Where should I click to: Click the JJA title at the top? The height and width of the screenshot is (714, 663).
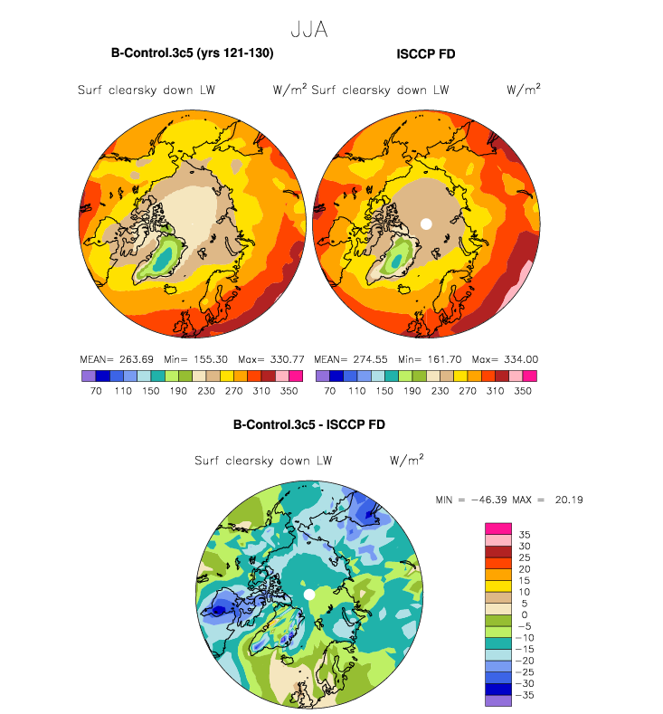[x=309, y=30]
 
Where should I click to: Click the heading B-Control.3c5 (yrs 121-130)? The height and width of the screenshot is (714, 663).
[x=192, y=53]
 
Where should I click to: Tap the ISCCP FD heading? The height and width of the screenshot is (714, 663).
[x=425, y=53]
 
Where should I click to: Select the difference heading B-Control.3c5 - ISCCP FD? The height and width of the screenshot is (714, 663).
[x=309, y=424]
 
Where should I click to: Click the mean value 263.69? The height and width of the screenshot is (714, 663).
[x=136, y=359]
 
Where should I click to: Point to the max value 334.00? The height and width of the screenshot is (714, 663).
[x=521, y=359]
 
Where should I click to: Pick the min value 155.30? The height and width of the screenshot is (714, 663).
[x=210, y=359]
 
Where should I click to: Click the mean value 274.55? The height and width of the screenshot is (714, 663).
[x=370, y=359]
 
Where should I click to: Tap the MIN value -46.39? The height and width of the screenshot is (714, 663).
[x=488, y=500]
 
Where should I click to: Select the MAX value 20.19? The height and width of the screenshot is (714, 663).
[x=569, y=500]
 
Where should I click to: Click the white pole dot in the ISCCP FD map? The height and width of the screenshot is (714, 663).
[x=426, y=224]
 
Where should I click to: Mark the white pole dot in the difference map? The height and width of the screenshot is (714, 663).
[x=309, y=595]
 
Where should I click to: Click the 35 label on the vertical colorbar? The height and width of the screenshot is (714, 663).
[x=525, y=535]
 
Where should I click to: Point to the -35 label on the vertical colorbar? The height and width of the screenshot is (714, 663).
[x=525, y=695]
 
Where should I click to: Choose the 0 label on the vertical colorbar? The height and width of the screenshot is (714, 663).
[x=525, y=614]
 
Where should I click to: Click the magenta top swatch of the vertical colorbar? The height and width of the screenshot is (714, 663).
[x=498, y=528]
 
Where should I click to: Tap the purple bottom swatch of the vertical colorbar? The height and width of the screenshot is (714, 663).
[x=498, y=700]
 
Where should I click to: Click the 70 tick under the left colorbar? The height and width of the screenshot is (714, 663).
[x=96, y=391]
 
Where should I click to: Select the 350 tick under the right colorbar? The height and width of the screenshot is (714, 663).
[x=523, y=391]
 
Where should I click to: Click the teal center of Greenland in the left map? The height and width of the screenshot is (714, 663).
[x=164, y=258]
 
